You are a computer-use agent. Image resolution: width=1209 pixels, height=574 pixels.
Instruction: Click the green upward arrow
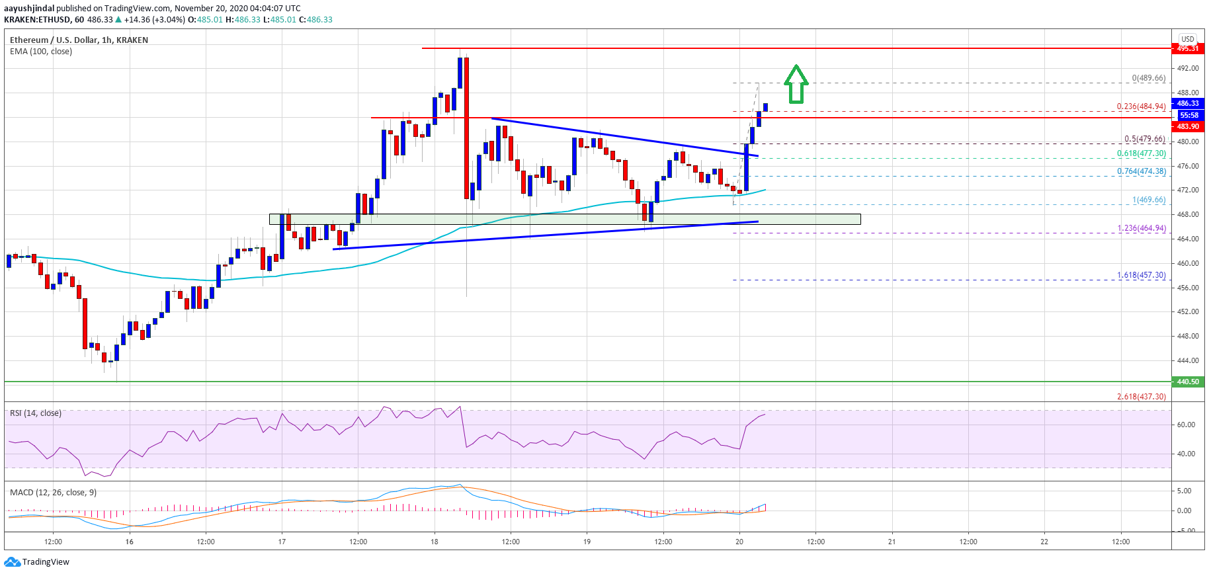tap(796, 84)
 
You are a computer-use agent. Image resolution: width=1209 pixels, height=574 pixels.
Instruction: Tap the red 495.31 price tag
tap(1187, 48)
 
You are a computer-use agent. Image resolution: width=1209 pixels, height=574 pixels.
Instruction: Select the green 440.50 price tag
tap(1187, 382)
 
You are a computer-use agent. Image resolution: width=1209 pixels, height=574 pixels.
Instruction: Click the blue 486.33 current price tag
tap(1187, 103)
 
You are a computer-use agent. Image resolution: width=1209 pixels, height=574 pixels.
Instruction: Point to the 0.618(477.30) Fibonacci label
tap(1141, 153)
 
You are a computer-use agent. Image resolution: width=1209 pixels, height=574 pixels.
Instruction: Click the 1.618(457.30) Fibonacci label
tap(1141, 275)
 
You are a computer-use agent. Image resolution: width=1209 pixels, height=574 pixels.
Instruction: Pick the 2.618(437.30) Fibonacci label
tap(1141, 397)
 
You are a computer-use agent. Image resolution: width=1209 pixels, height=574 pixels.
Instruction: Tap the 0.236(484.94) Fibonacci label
tap(1141, 106)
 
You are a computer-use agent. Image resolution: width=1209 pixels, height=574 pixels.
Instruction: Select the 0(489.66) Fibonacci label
tap(1148, 78)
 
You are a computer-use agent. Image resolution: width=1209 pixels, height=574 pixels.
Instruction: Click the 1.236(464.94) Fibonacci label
tap(1141, 228)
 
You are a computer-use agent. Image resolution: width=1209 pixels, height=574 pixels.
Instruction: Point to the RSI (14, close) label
tap(36, 413)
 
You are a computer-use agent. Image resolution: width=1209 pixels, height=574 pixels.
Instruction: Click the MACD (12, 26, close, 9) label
tap(53, 493)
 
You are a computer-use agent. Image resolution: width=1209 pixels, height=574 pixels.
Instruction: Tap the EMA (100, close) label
tap(41, 52)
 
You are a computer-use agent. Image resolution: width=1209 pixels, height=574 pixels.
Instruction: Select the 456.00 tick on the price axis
tap(1187, 288)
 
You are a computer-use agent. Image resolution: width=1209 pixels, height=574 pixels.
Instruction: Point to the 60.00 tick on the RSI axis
tap(1185, 425)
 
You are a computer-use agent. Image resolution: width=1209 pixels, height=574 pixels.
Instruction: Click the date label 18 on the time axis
tap(435, 542)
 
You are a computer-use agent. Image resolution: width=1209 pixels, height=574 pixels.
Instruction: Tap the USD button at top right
tap(1188, 39)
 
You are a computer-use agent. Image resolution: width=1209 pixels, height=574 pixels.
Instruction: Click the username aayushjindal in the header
tap(29, 9)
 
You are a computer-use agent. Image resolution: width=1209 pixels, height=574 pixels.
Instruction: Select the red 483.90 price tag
tap(1187, 126)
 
